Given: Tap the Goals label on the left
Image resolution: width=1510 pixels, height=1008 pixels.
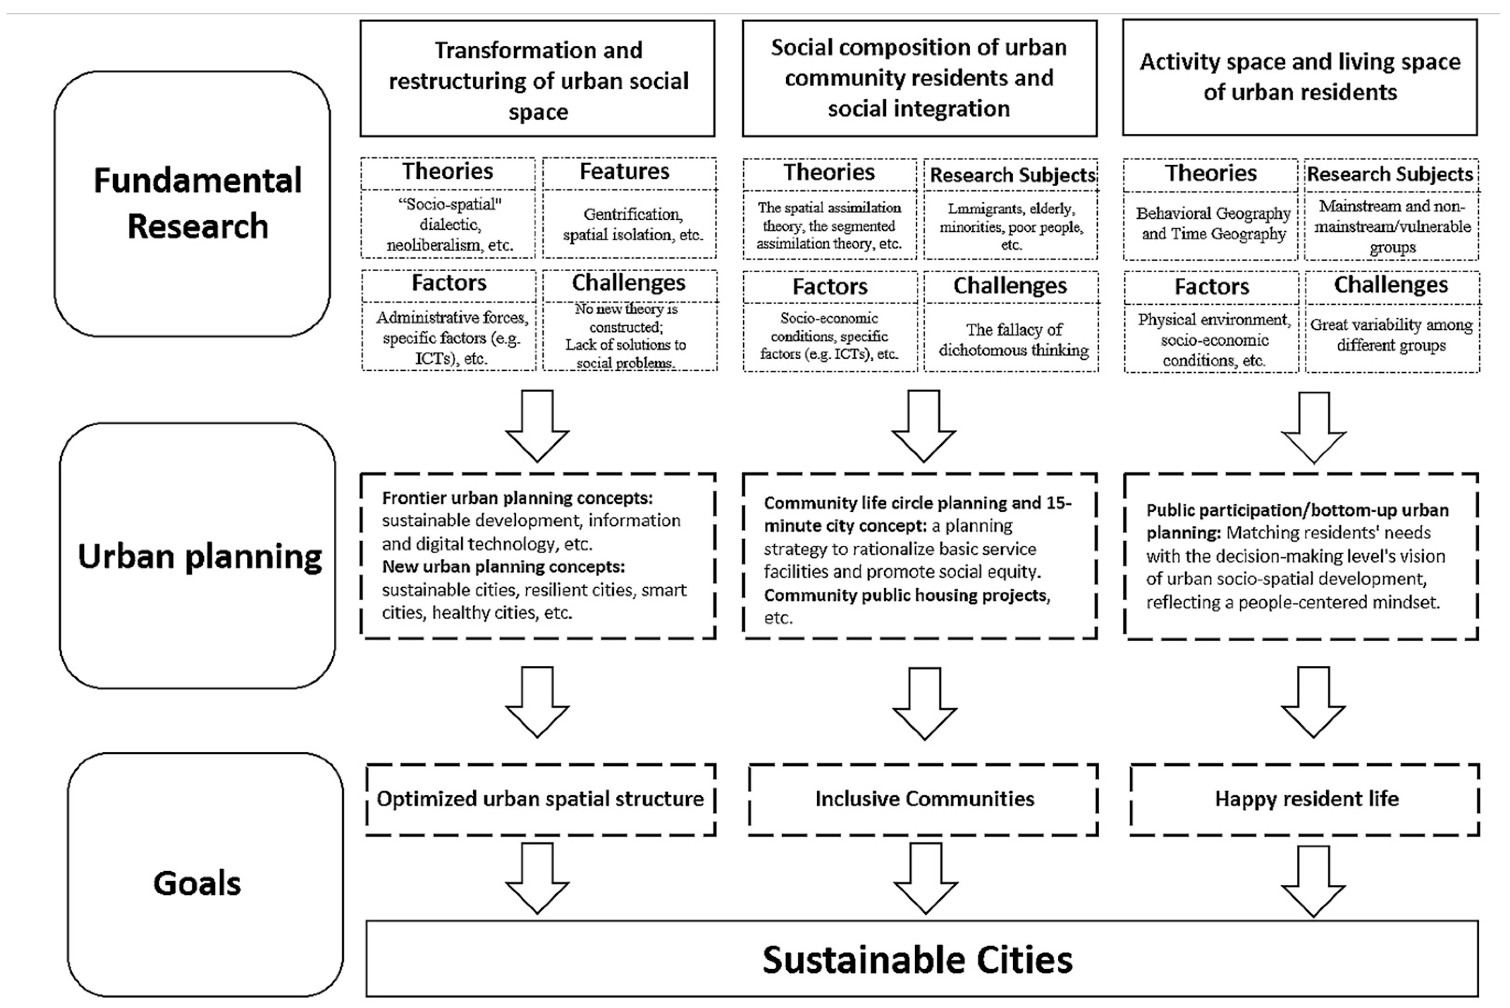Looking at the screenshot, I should coord(197,883).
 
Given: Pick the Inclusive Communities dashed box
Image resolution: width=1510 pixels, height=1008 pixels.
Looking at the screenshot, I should coord(923,799).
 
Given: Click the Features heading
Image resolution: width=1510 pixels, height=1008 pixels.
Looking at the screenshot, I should coord(624,172).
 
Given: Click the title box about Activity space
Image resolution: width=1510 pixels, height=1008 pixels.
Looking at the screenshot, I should coord(1300,77).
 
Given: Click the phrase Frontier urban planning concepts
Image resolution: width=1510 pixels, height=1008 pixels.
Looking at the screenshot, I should coord(517,498).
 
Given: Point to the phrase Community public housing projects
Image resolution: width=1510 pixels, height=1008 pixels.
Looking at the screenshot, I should coord(906,595).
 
